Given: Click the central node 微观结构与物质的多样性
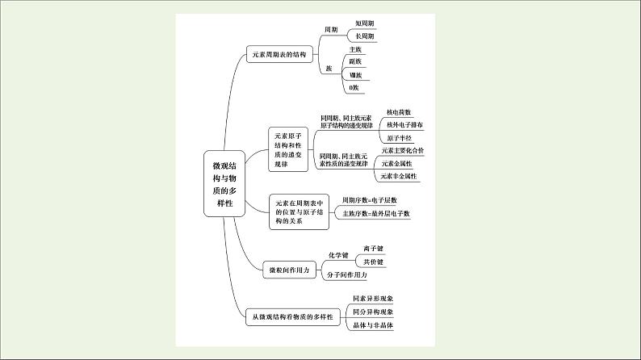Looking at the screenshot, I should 220,182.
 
